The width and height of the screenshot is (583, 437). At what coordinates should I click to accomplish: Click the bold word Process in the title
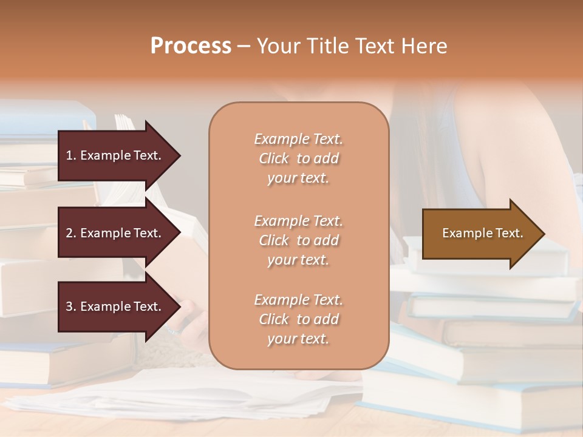pos(191,46)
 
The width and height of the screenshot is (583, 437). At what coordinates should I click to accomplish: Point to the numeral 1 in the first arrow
pos(69,155)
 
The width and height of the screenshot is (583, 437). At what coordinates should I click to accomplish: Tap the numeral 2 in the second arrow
pos(69,233)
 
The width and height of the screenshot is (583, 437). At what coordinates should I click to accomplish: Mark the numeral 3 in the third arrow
pos(69,307)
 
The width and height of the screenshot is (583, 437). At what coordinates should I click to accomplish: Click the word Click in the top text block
pos(274,158)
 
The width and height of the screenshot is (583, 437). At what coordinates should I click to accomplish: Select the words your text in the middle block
pos(298,260)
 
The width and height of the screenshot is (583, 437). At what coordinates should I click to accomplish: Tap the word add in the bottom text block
pos(326,319)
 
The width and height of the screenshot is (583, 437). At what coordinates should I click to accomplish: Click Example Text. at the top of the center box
pos(298,139)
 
